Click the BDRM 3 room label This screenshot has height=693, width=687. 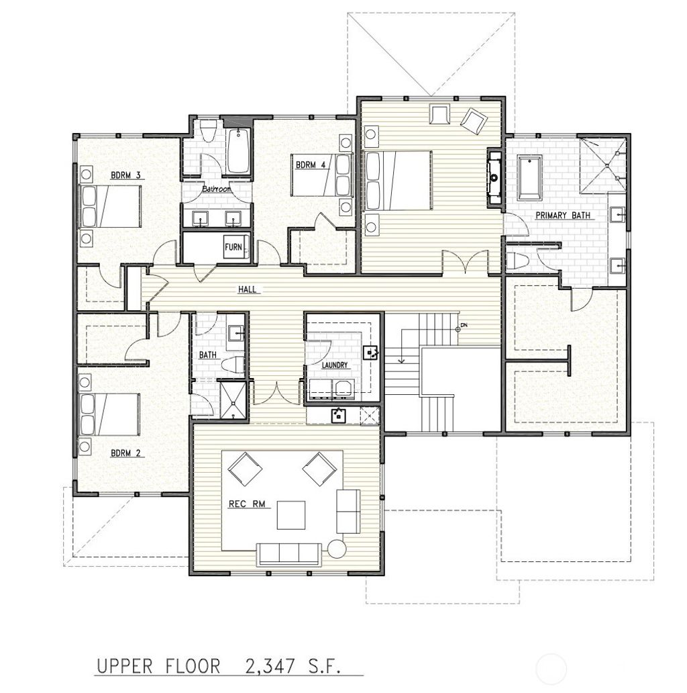(126, 176)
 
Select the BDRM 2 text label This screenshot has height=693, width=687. (126, 453)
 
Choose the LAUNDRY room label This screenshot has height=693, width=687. (334, 365)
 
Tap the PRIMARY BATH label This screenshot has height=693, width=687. (562, 216)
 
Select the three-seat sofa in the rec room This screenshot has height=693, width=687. (289, 553)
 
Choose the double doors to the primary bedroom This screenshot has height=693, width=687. (466, 262)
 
